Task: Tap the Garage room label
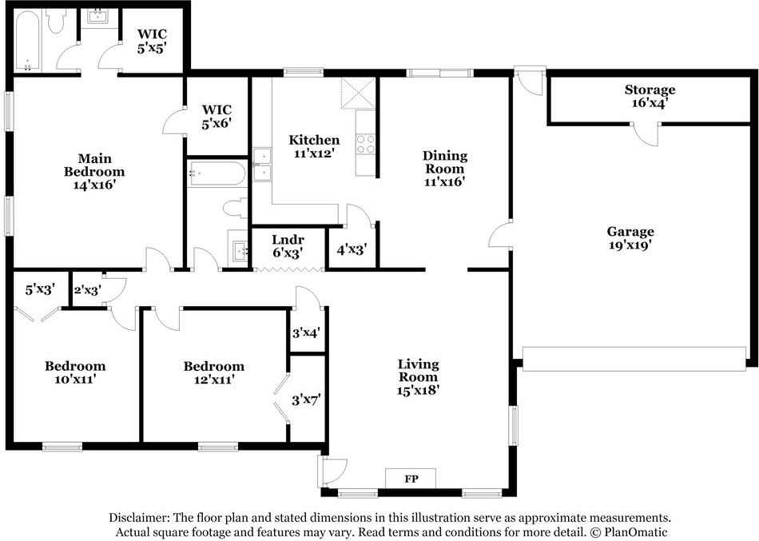630,239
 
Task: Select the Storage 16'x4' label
650,96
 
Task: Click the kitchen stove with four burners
366,143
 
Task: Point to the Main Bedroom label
94,171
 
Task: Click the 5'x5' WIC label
151,41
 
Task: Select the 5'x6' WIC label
217,117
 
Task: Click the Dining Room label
444,168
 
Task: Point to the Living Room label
418,377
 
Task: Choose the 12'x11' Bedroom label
213,373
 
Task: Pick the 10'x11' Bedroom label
74,373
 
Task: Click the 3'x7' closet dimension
307,399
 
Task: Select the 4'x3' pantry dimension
352,249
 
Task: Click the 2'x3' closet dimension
87,290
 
